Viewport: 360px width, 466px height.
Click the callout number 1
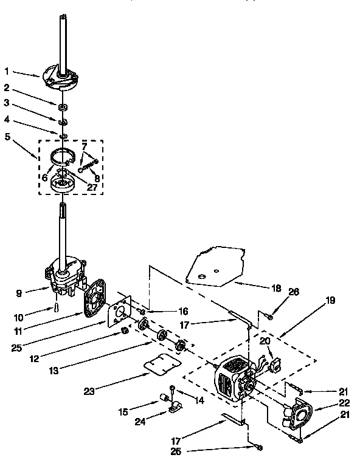point(7,71)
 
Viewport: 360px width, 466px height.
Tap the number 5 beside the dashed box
point(7,137)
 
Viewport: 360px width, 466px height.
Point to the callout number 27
point(91,188)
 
